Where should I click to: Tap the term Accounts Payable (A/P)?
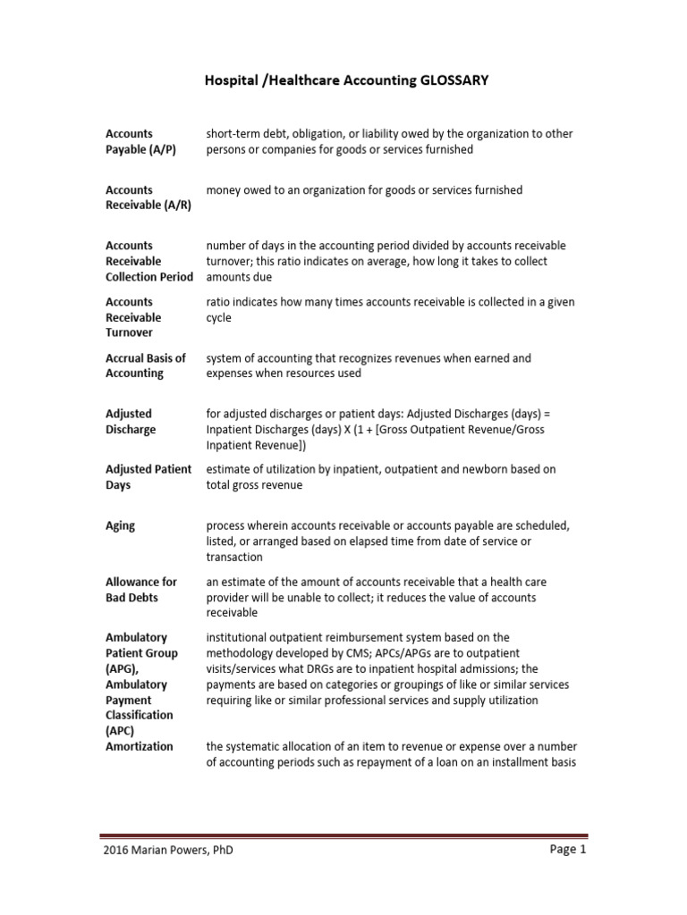click(x=140, y=142)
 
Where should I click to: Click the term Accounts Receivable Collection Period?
click(x=148, y=261)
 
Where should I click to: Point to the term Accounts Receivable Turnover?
click(x=133, y=317)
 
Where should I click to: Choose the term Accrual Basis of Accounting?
click(x=145, y=365)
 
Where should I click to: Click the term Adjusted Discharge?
click(x=131, y=422)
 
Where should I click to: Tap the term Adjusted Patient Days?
click(x=148, y=477)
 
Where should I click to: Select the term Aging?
click(x=120, y=525)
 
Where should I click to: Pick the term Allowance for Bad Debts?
click(x=141, y=590)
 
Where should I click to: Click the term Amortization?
click(x=140, y=746)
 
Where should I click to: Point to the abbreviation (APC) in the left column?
click(x=120, y=731)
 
